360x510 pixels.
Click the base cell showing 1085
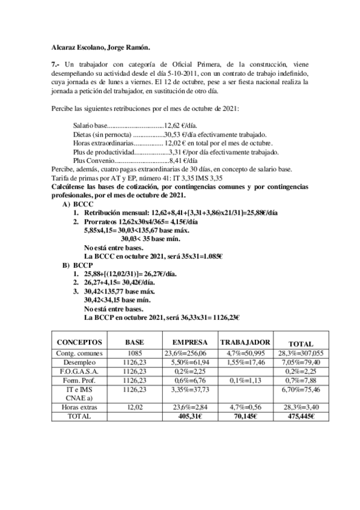pyautogui.click(x=134, y=354)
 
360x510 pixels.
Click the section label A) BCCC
pyautogui.click(x=78, y=204)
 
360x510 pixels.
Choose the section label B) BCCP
pyautogui.click(x=78, y=263)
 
